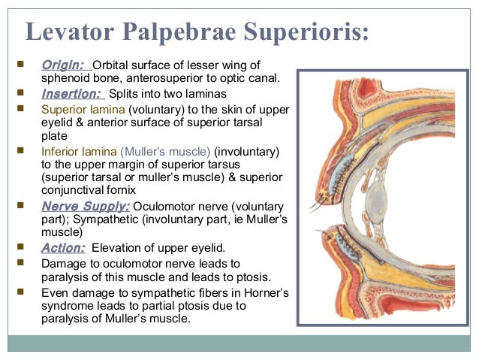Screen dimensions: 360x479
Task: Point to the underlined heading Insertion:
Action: click(x=72, y=94)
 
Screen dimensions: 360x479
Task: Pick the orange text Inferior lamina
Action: click(x=79, y=152)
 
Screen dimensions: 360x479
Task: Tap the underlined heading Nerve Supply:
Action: click(x=86, y=206)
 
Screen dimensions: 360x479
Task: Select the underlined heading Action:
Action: click(x=63, y=247)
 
